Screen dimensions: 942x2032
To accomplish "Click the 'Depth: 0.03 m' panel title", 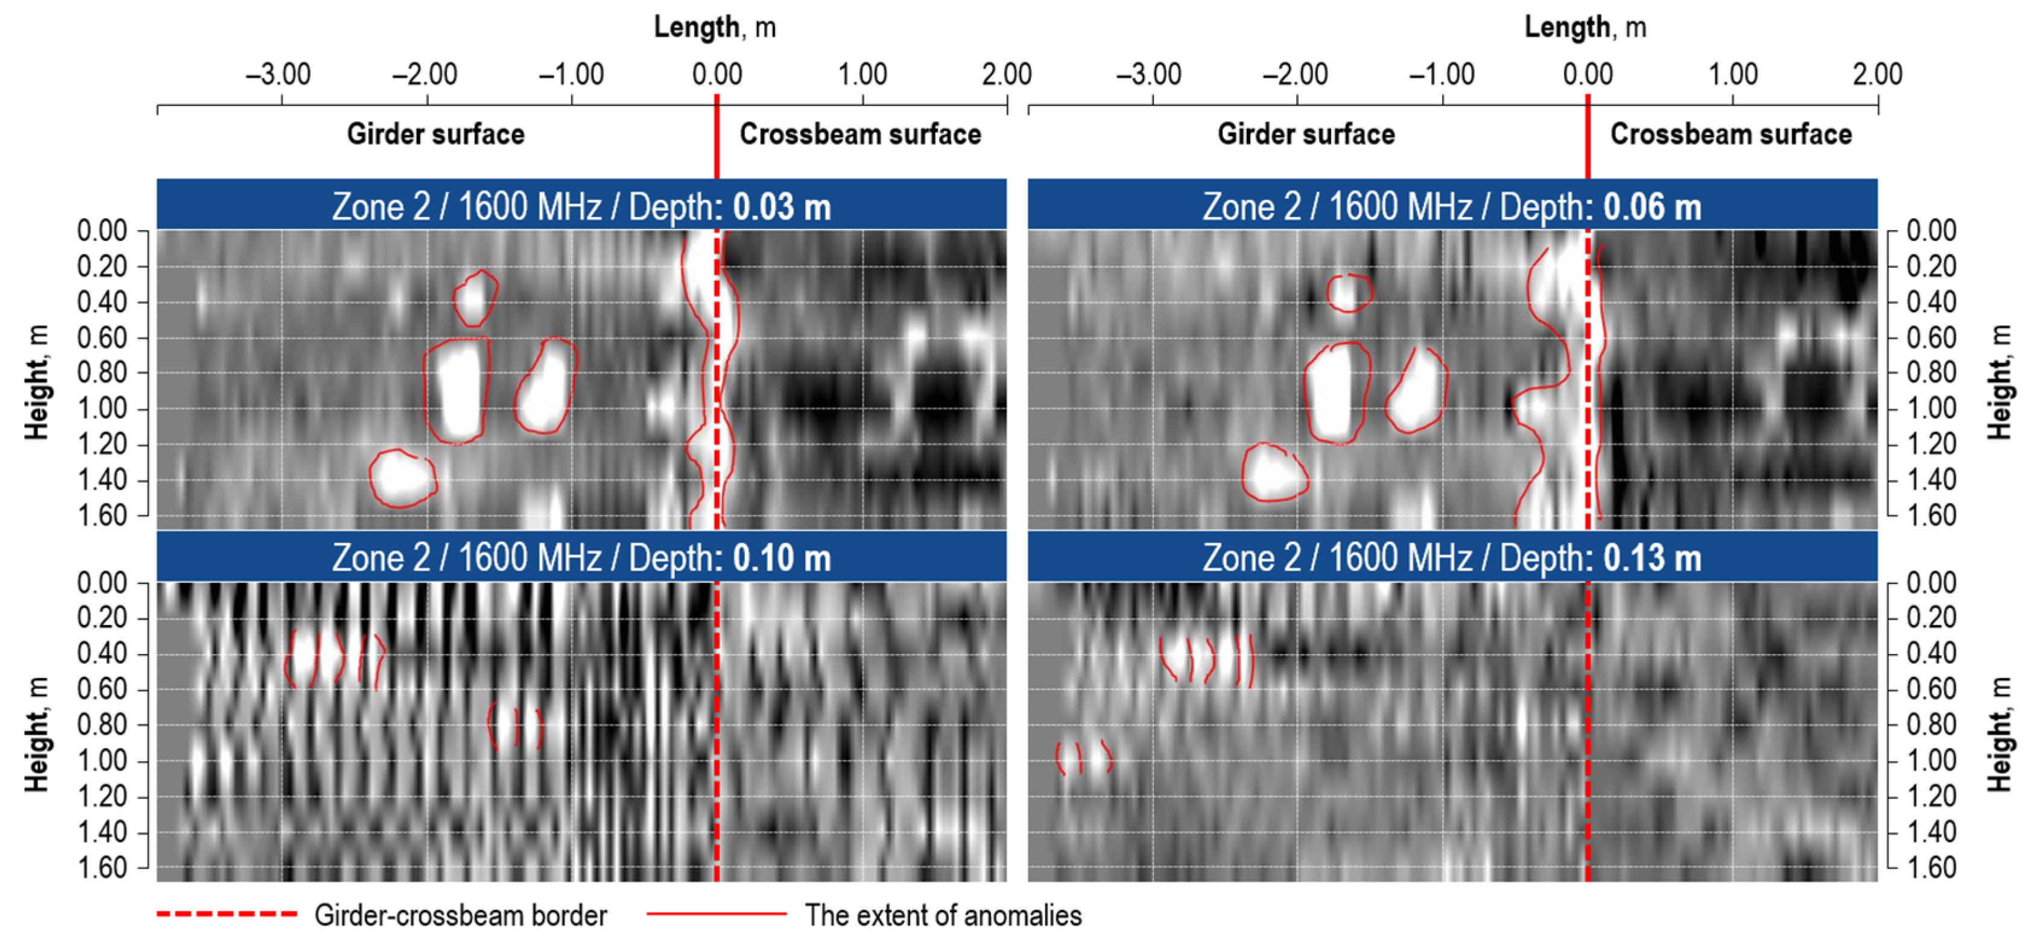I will click(581, 207).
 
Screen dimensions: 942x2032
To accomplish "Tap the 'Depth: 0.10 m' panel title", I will click(581, 557).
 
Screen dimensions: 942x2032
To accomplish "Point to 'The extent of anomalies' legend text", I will click(943, 915).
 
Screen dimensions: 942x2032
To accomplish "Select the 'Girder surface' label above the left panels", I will click(435, 134).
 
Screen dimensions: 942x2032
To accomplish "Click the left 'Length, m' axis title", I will click(715, 28).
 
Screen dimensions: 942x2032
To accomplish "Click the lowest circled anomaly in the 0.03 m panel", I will click(402, 478).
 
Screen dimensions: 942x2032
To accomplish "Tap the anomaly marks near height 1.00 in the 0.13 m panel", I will click(1084, 758).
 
